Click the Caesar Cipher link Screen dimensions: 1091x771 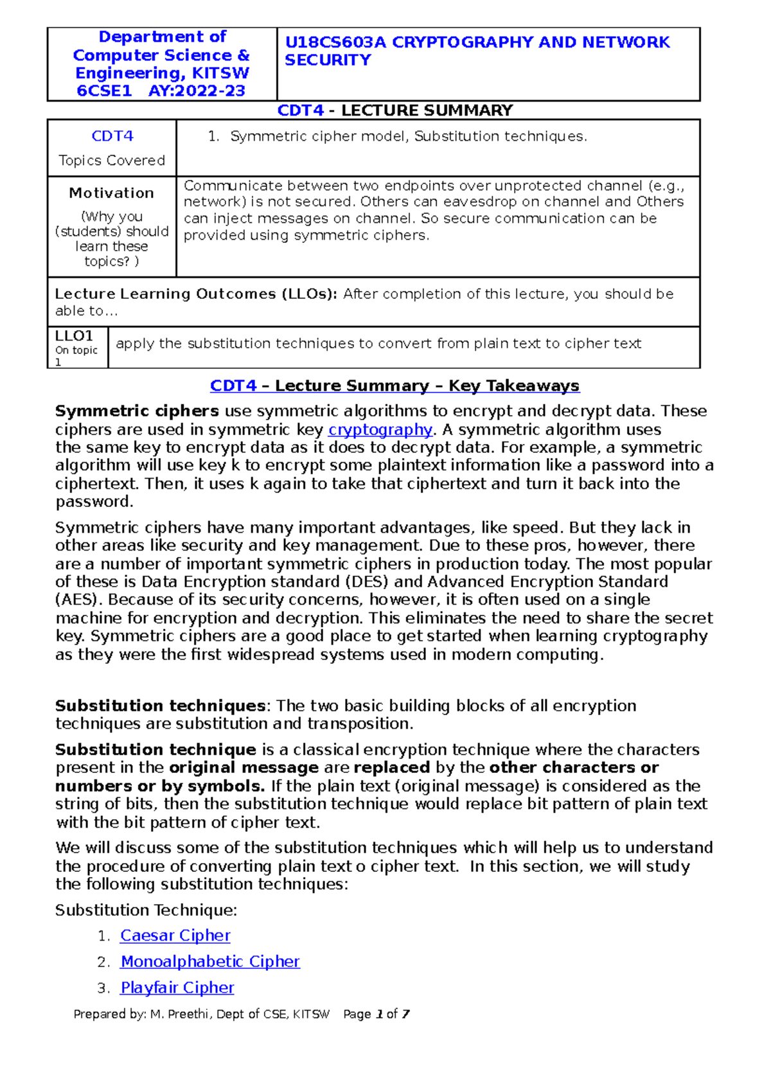(x=175, y=936)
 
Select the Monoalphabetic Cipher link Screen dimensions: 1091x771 (x=210, y=961)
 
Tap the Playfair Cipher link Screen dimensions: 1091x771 (x=177, y=988)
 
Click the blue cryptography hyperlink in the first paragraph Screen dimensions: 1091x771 (x=380, y=429)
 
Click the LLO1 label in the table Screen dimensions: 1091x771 (x=74, y=336)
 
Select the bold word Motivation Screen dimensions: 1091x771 (x=111, y=193)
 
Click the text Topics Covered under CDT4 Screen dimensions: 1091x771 (x=111, y=161)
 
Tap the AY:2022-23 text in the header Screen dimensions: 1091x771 (x=197, y=91)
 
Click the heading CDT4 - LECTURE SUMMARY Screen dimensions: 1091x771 (x=394, y=111)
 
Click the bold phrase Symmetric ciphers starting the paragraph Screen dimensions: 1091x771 (x=137, y=411)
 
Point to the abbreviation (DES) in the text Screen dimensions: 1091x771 (x=366, y=581)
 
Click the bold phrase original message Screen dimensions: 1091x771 (x=244, y=767)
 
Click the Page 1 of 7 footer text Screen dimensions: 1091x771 (x=376, y=1014)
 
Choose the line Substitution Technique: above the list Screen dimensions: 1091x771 (x=146, y=910)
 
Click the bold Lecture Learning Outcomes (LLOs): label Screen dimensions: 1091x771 (x=196, y=294)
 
